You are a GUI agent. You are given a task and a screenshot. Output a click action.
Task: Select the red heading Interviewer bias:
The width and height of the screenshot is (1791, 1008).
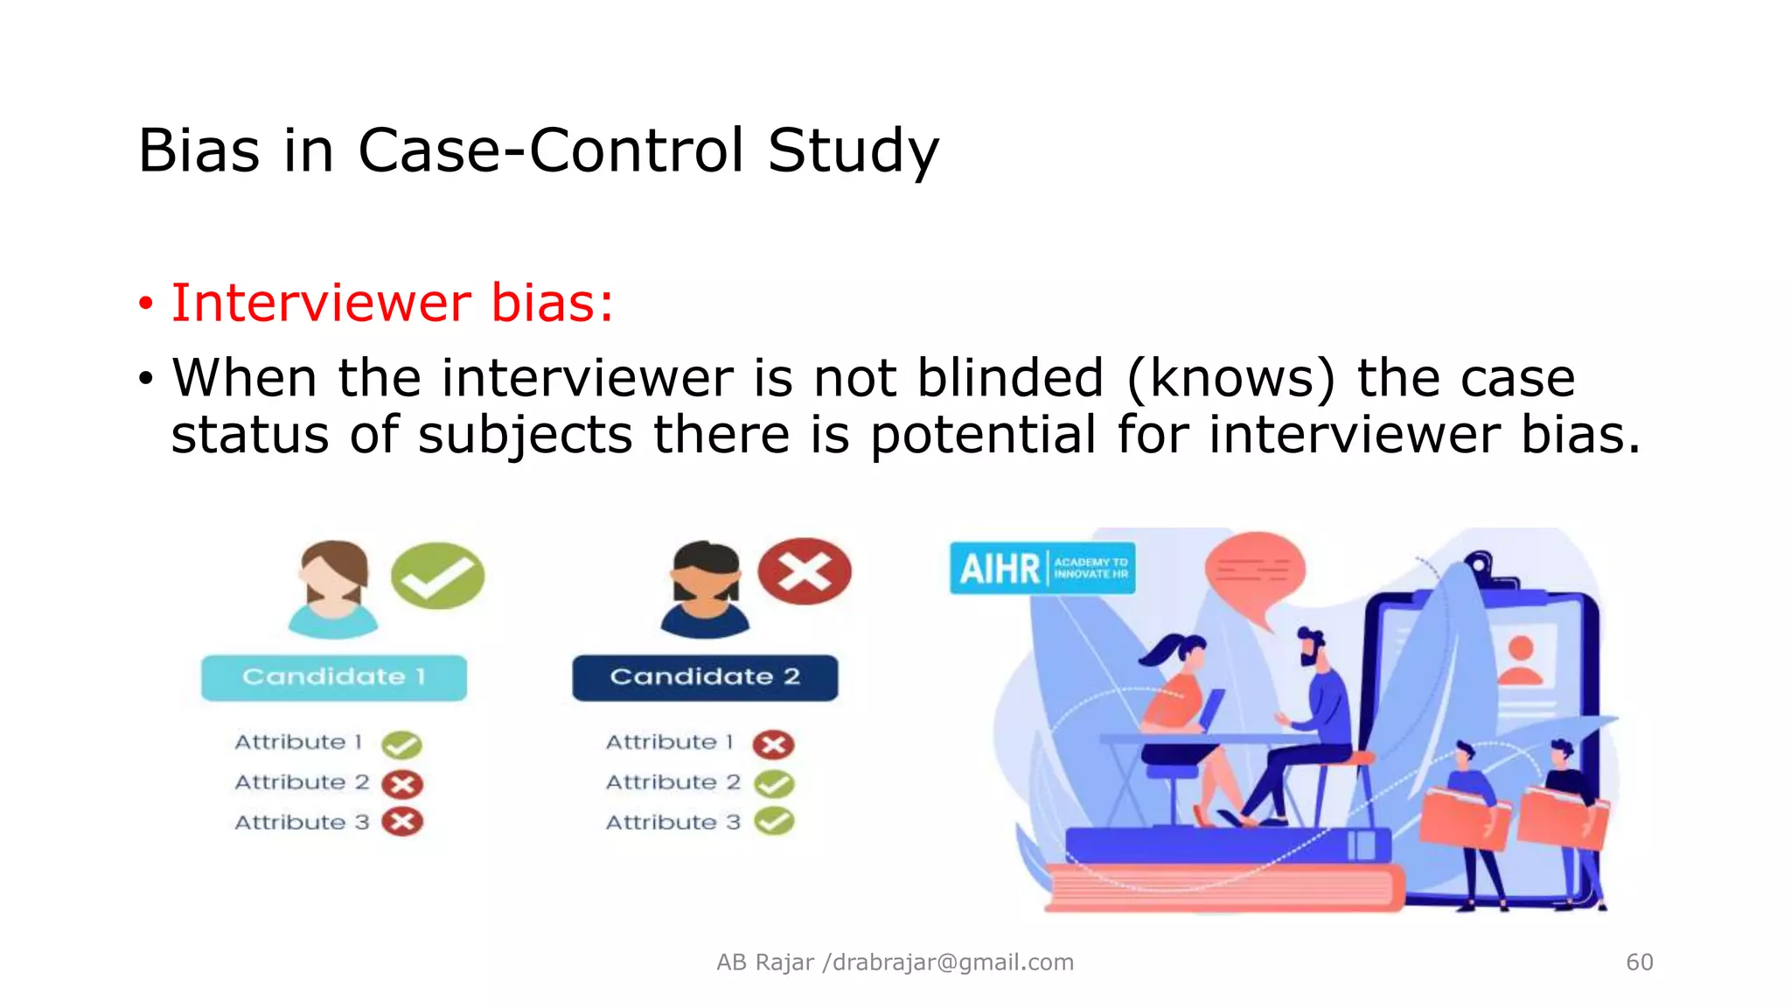click(392, 304)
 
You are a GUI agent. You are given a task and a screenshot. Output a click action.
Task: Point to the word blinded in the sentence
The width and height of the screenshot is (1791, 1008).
click(1010, 379)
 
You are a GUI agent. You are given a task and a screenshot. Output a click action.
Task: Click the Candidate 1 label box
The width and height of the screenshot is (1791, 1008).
click(333, 677)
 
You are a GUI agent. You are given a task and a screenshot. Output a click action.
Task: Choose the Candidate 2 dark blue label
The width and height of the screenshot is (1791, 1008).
click(705, 677)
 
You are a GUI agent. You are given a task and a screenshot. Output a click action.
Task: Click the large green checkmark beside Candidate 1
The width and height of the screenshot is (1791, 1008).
click(437, 575)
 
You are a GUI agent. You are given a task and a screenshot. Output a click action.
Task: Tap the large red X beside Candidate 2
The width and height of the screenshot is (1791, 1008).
click(805, 572)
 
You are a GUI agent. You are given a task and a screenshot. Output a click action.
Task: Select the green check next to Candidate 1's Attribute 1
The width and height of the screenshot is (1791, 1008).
click(402, 745)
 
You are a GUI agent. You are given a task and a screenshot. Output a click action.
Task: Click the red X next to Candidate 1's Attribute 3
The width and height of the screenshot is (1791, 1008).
click(402, 822)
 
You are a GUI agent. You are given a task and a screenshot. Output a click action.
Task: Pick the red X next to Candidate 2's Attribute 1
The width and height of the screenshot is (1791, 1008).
click(774, 745)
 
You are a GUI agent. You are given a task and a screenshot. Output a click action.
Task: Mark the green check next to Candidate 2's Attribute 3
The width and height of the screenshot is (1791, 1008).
click(774, 822)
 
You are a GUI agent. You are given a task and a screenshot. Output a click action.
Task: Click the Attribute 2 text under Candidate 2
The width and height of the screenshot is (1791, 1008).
click(672, 782)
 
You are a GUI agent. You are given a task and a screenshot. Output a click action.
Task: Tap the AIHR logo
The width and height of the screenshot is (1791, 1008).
click(1042, 569)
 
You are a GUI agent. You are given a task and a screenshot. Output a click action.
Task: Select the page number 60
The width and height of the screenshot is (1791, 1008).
click(1639, 962)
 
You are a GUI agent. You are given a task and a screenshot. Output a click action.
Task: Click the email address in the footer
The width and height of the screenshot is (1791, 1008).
click(951, 962)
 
